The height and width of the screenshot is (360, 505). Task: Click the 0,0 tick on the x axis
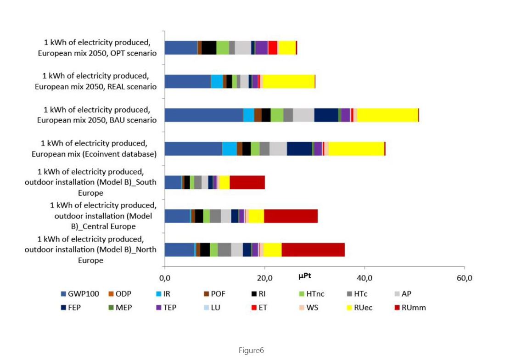coord(164,278)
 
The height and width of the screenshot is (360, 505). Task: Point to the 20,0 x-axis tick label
coord(264,278)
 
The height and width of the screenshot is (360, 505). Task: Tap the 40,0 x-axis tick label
coord(364,278)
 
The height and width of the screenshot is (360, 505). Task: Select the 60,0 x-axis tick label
coord(464,278)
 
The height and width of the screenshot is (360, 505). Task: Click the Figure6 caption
coord(251,350)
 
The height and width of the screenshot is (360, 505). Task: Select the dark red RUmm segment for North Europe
coord(313,250)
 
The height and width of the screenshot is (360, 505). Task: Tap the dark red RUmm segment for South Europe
coord(247,182)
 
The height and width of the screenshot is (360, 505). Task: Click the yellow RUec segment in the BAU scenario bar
coord(387,115)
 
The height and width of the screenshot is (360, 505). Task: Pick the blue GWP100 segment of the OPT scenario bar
coord(181,47)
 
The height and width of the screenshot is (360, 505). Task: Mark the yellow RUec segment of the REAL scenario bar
coord(288,81)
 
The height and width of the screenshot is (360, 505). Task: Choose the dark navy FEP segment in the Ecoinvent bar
coord(299,149)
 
